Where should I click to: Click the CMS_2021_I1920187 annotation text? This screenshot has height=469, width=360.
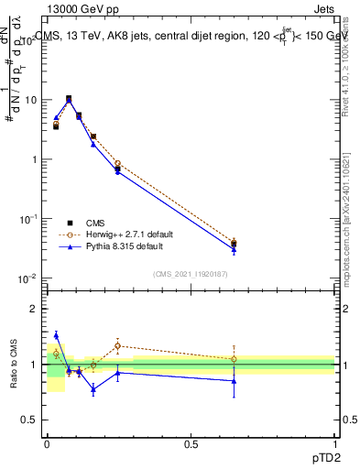pos(191,274)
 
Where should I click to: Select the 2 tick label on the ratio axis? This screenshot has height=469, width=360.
pos(34,310)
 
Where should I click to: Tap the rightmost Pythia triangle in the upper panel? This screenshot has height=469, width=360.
pos(234,249)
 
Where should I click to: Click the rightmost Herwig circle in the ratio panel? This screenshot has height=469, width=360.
pos(234,358)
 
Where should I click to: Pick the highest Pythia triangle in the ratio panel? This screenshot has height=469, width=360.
pos(56,335)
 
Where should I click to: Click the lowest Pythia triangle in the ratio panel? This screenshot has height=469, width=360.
pos(93,389)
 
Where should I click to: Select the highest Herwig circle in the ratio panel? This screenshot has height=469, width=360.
pos(117,346)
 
